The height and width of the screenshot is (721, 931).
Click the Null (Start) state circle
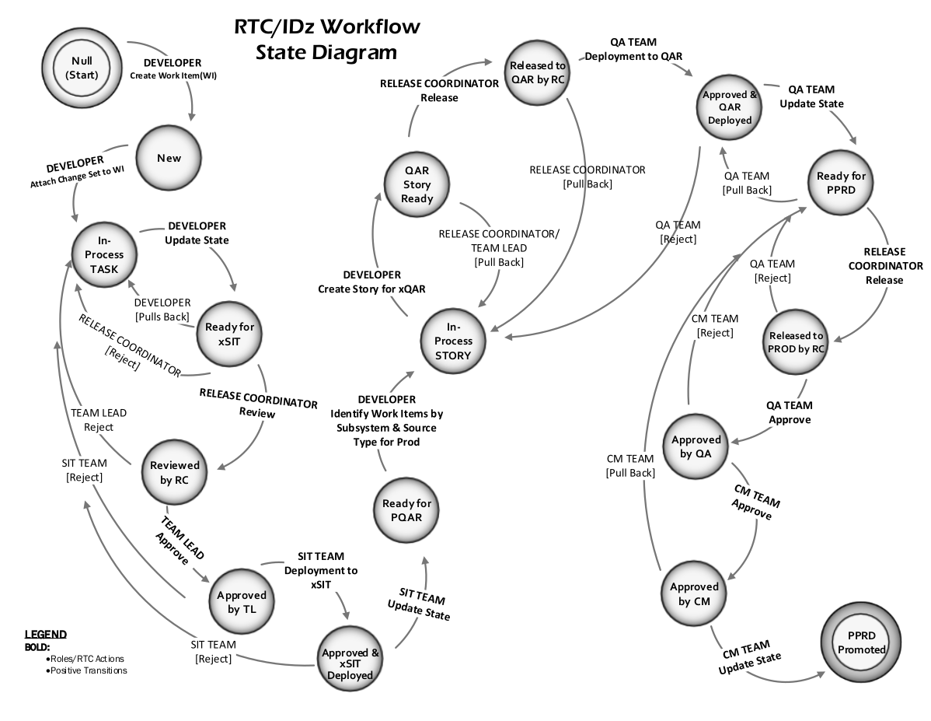pos(80,68)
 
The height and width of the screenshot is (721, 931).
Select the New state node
pos(169,158)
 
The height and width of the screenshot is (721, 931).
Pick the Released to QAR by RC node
pos(538,72)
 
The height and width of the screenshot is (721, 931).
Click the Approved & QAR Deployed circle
pos(729,107)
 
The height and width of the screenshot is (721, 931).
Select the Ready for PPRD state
pos(841,183)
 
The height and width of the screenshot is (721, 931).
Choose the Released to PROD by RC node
pos(796,342)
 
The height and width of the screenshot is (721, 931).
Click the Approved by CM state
pos(694,594)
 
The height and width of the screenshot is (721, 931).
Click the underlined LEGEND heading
pos(45,634)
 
